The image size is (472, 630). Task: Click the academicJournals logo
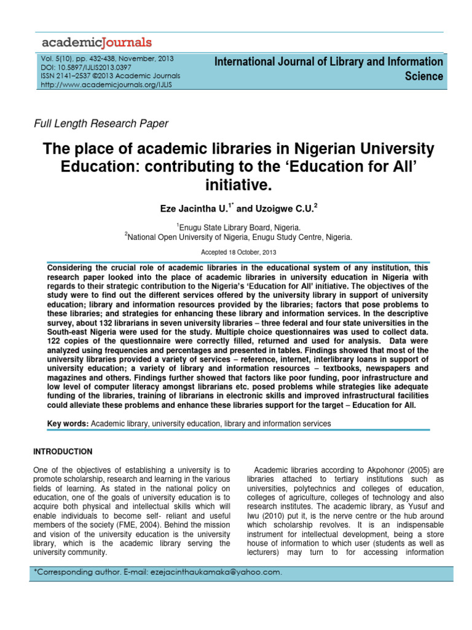(x=96, y=42)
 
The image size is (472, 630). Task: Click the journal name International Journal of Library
(x=329, y=62)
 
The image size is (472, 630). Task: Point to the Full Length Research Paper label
(x=100, y=124)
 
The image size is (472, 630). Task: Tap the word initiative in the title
(x=235, y=183)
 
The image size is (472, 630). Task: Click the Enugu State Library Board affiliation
(x=238, y=226)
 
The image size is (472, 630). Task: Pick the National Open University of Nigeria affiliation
(x=240, y=236)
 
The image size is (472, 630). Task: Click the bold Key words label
(x=68, y=424)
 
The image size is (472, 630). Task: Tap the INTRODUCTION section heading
(x=63, y=452)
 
